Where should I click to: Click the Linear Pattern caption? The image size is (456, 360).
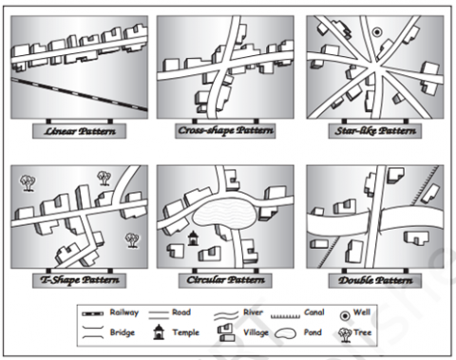coord(80,131)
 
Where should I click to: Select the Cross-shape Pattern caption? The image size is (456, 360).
coord(225,130)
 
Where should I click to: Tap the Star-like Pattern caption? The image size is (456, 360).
coord(375,131)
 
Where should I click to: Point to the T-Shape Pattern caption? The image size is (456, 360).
coord(80,280)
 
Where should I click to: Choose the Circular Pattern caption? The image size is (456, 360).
coord(225,280)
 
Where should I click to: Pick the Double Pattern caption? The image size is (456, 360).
coord(375,280)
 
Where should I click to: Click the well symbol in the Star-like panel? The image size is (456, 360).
coord(376,32)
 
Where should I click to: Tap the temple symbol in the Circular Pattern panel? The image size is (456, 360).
coord(193,238)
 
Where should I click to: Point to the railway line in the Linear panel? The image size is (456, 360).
coord(79,94)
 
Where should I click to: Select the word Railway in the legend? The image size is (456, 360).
coord(124,313)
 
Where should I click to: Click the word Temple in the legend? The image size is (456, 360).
coord(186,332)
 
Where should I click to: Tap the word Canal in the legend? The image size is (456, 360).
coord(314,313)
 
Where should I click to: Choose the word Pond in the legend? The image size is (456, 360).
coord(313,332)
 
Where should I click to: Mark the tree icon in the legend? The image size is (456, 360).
coord(345,334)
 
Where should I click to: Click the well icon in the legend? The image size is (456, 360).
coord(345,315)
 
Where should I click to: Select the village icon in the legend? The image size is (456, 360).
coord(226,333)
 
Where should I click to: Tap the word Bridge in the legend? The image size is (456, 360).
coord(123,332)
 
